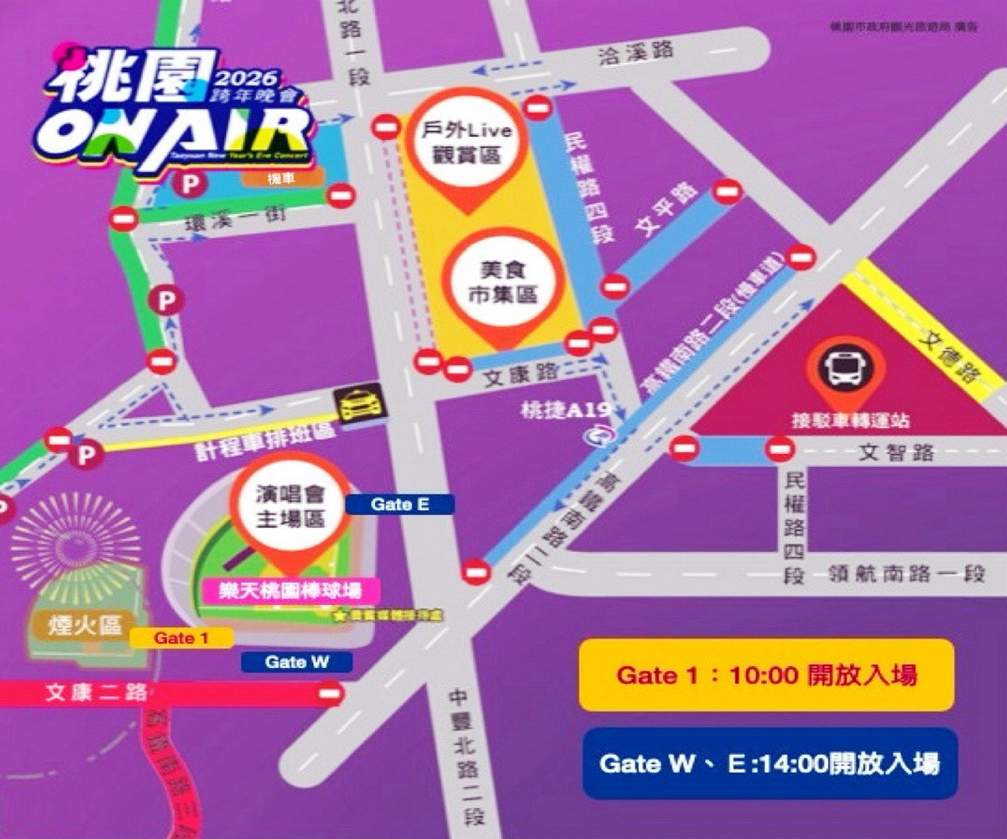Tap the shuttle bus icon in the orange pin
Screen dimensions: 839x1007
[845, 370]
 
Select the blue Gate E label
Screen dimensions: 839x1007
[400, 504]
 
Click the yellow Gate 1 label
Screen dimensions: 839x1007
[181, 638]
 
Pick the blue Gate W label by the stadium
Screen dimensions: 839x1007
[296, 662]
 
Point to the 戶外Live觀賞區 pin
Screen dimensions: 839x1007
[471, 143]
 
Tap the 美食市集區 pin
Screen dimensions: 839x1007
[503, 282]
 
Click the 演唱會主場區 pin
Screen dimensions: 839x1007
[290, 508]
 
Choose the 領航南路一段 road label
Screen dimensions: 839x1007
[906, 574]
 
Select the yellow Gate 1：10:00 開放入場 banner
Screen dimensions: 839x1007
[766, 675]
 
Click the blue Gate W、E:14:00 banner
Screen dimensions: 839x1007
[770, 763]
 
